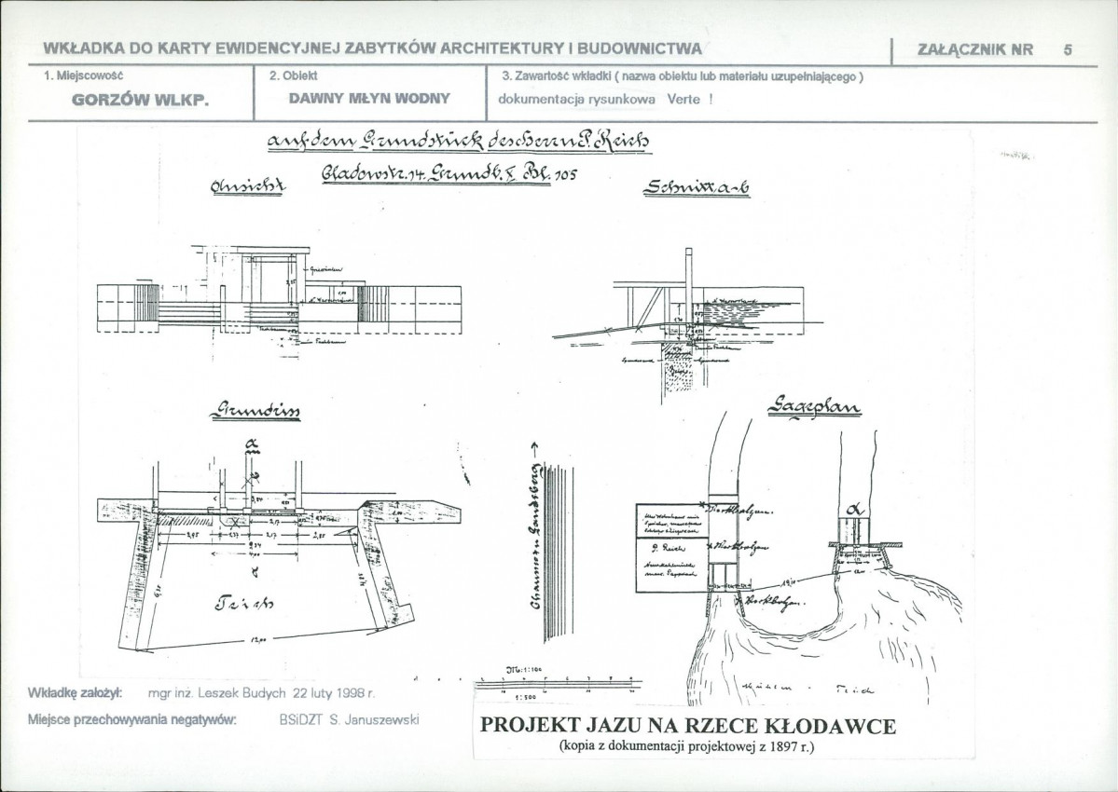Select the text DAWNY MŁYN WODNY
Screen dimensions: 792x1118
pyautogui.click(x=369, y=98)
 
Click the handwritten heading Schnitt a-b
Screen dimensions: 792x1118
pyautogui.click(x=697, y=187)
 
